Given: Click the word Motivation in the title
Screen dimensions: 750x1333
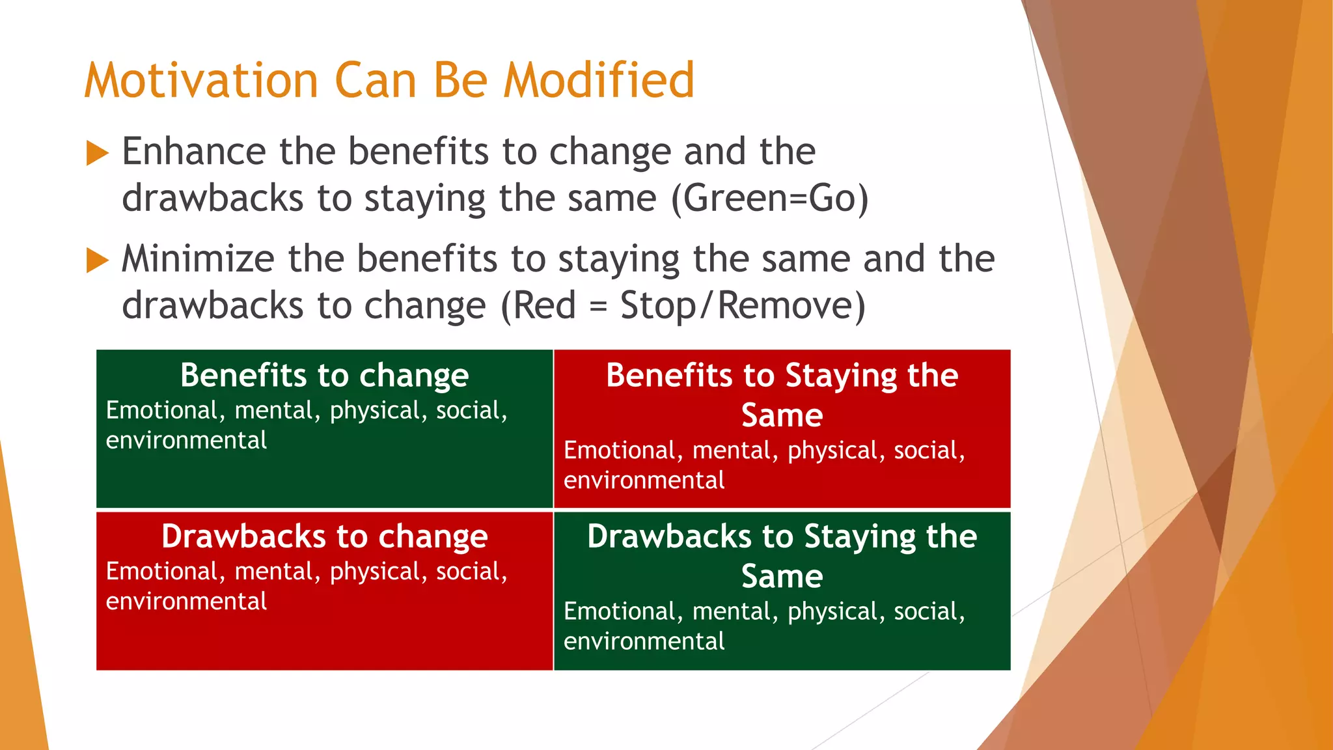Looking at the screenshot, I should click(201, 81).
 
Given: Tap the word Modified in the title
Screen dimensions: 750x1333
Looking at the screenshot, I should click(599, 81).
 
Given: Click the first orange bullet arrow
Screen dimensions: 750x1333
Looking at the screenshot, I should click(97, 154).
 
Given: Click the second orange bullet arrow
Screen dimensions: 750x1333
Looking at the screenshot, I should click(97, 260).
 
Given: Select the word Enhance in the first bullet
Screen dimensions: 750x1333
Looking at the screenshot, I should click(193, 152).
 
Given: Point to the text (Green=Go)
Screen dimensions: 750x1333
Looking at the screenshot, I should click(769, 199).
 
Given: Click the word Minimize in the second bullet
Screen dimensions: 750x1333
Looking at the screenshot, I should click(198, 259).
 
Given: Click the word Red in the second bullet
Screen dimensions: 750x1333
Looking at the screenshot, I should click(544, 306).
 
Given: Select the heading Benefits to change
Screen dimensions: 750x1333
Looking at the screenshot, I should click(324, 376).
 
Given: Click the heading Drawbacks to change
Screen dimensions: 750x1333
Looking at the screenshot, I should click(324, 536).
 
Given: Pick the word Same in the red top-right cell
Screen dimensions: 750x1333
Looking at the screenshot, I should click(782, 415).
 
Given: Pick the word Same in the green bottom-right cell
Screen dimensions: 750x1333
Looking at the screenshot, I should click(782, 577).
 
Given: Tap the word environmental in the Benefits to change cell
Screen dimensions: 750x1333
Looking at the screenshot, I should click(186, 441).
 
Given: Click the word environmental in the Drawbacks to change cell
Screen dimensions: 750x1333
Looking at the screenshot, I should click(186, 602).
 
